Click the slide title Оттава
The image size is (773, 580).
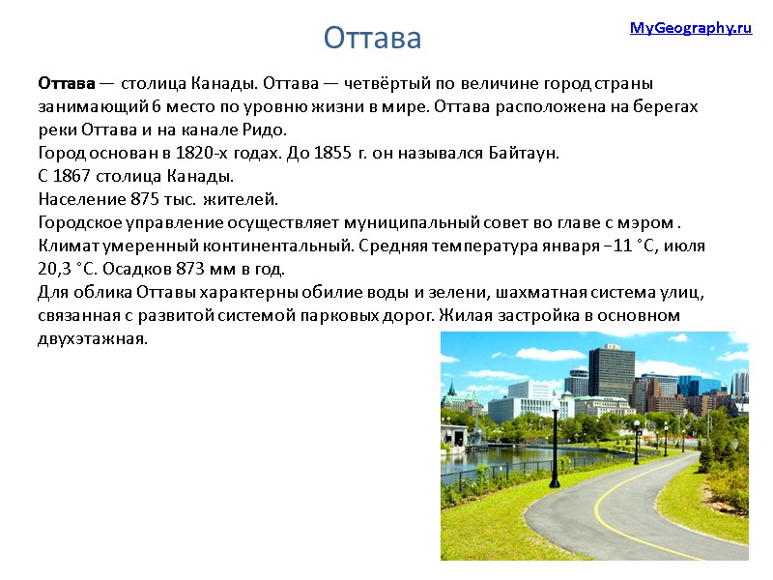(372, 38)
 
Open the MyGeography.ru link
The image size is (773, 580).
(690, 28)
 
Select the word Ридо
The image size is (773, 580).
(268, 130)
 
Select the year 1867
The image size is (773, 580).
(76, 177)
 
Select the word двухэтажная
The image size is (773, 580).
(93, 339)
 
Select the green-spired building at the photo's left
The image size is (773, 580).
(450, 396)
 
